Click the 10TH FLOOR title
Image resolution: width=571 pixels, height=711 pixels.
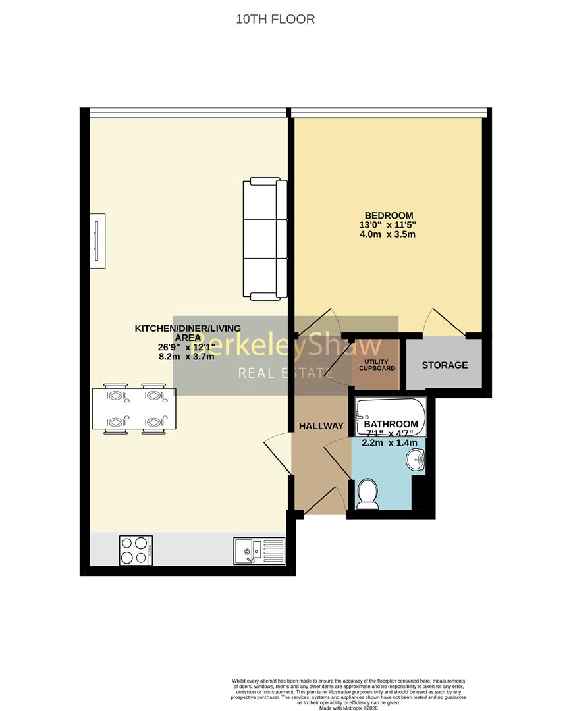(x=275, y=19)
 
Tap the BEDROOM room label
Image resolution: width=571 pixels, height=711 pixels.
(x=389, y=215)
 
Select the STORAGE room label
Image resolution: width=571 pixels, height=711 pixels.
(x=445, y=365)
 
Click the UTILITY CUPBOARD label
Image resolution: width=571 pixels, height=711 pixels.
(x=377, y=365)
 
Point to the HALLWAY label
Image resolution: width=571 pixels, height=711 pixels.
(x=321, y=426)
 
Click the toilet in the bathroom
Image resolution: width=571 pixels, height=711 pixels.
(x=366, y=494)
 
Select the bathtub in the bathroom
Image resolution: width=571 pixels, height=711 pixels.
(x=391, y=417)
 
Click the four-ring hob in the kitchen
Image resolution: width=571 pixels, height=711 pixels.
(x=136, y=550)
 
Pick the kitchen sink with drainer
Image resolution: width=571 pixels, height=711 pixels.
(x=259, y=550)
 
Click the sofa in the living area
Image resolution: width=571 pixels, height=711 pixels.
(x=265, y=239)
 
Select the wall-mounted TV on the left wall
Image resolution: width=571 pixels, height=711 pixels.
(x=97, y=240)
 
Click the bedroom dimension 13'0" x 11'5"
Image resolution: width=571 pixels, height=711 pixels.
(x=389, y=224)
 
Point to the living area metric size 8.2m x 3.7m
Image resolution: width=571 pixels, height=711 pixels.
(x=187, y=357)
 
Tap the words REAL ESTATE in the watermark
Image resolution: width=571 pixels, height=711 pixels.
(x=285, y=374)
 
